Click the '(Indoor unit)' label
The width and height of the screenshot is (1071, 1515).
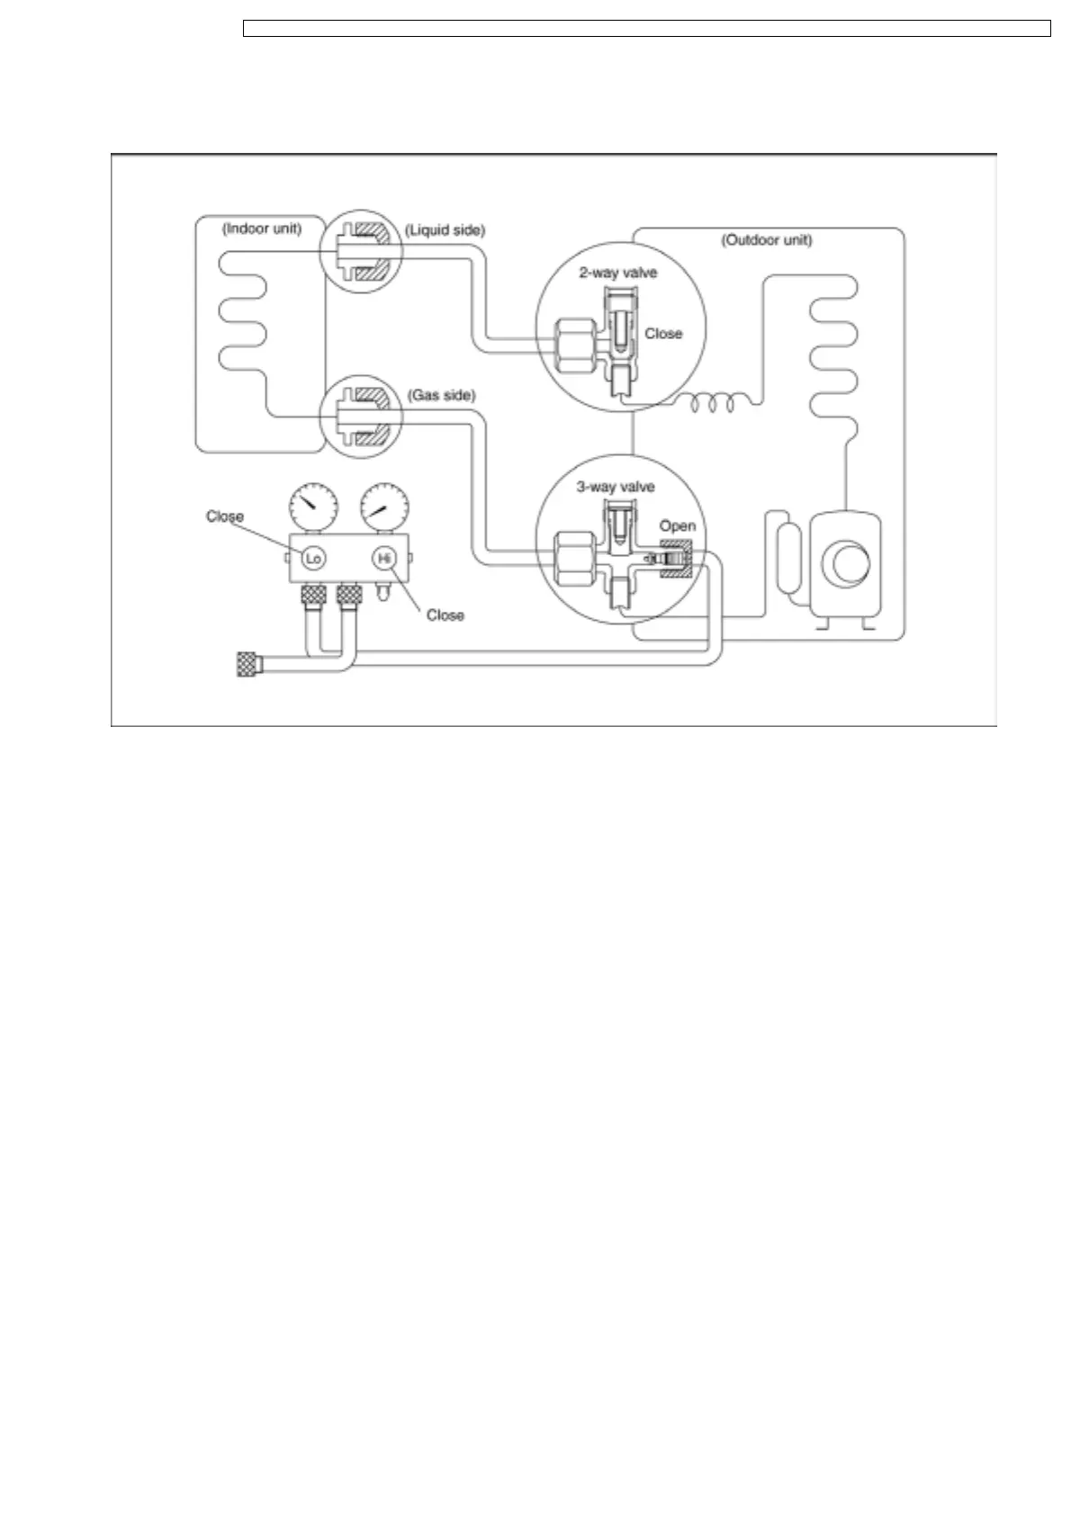(262, 229)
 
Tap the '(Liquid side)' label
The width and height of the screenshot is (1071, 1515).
(445, 230)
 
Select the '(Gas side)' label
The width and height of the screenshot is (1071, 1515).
(441, 395)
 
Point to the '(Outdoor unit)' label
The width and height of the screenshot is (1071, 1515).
(767, 240)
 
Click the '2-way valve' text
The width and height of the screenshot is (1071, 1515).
(617, 273)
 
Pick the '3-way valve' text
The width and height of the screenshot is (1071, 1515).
(616, 487)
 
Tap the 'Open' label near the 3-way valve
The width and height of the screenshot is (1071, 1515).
(677, 525)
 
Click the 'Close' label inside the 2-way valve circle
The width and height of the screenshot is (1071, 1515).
(663, 333)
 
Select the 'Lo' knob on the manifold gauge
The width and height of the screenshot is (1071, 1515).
(313, 559)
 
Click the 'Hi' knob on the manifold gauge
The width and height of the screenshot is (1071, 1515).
(384, 559)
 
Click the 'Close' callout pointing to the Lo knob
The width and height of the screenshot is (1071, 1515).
(225, 516)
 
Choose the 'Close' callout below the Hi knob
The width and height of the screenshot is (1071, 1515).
(445, 614)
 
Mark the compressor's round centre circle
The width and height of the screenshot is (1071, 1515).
(847, 564)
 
